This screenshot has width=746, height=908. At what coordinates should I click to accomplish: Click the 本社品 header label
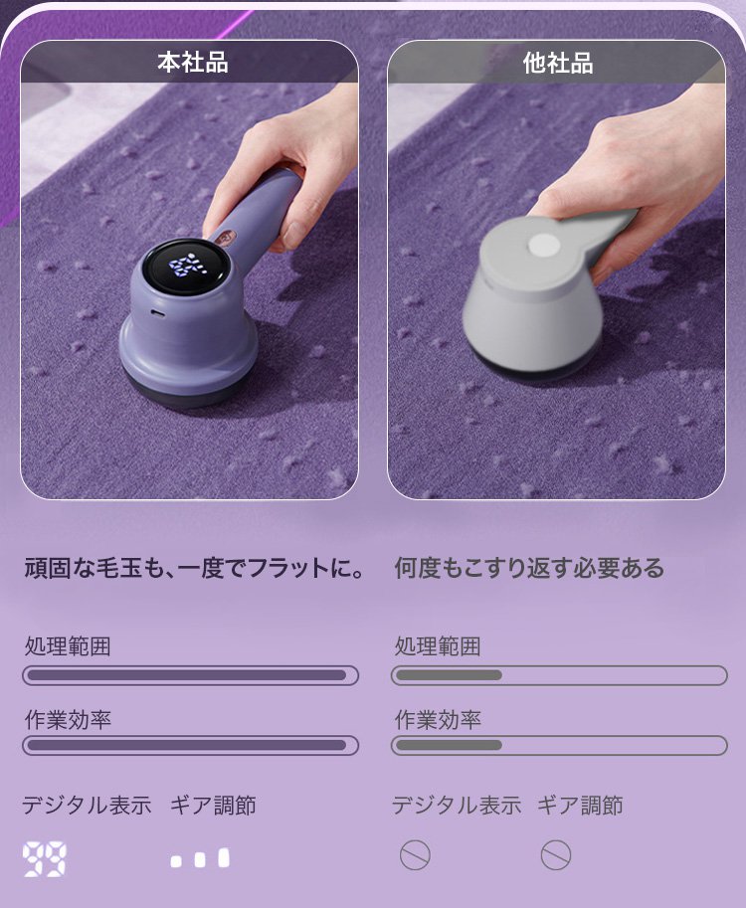(x=193, y=63)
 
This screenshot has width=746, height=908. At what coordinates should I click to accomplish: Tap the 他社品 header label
(x=558, y=63)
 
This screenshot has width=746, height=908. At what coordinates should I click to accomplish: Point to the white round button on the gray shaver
(x=543, y=245)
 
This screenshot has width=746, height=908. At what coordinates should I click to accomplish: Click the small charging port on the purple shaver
(x=156, y=312)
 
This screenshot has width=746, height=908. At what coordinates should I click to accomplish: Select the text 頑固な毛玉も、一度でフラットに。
(x=195, y=568)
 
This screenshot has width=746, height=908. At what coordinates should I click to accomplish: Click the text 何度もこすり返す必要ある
(x=529, y=568)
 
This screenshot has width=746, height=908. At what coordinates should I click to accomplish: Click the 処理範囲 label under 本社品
(x=68, y=646)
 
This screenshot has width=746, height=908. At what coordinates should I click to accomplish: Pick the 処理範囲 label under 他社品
(x=438, y=646)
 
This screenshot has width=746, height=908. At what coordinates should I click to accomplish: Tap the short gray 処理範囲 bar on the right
(x=449, y=675)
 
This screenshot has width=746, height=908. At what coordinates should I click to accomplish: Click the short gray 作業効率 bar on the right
(x=449, y=745)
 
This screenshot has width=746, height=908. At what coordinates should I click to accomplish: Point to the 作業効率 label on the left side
(x=68, y=720)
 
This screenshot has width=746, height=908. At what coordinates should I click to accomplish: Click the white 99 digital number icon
(x=44, y=859)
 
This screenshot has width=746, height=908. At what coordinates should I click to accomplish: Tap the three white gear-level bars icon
(x=200, y=859)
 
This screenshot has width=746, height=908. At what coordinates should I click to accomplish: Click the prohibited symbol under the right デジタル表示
(x=416, y=855)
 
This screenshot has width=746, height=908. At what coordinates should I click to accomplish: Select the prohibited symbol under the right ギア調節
(x=556, y=855)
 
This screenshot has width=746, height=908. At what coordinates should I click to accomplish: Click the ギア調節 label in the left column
(x=213, y=806)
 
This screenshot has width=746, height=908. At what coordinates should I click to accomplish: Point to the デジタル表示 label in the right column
(x=457, y=806)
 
